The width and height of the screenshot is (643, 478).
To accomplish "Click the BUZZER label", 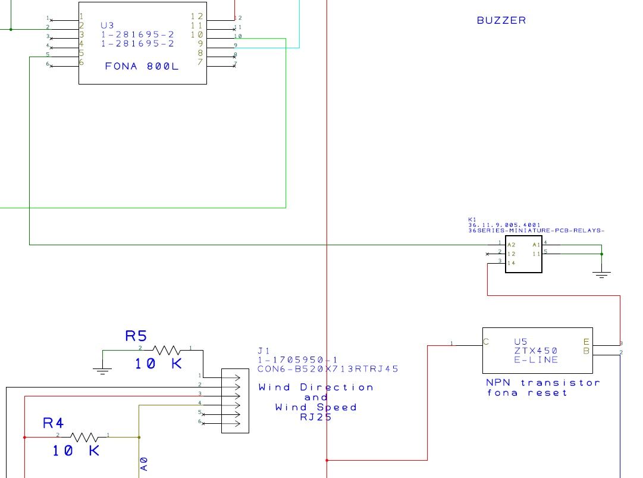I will pos(501,20).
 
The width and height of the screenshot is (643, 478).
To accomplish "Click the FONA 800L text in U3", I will pos(142,67).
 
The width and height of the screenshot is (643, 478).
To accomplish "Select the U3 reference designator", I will pos(107,26).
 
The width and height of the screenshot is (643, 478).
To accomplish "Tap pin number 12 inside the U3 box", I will pos(196,16).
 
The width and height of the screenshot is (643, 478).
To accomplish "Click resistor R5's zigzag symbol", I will pos(166,350).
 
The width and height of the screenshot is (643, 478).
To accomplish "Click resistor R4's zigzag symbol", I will pos(84,437).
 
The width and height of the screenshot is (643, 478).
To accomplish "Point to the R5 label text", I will pos(136,336).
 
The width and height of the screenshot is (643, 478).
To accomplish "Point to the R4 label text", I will pos(53,423).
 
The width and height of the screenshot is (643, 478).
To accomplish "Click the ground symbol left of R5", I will pos(102,370).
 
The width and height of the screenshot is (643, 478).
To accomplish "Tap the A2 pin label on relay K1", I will pos(511,245).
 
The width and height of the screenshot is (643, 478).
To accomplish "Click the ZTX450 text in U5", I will pos(528,351).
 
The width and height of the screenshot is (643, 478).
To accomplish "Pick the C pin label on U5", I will pos(487,342).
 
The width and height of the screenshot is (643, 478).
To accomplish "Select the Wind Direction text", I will pos(316,387).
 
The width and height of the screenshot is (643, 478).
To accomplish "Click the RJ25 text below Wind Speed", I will pos(315,417).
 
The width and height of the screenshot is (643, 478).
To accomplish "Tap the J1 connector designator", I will pos(264,351).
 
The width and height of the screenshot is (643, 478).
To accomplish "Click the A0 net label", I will pos(144,464).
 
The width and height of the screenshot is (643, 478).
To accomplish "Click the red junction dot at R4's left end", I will pos(24,437).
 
